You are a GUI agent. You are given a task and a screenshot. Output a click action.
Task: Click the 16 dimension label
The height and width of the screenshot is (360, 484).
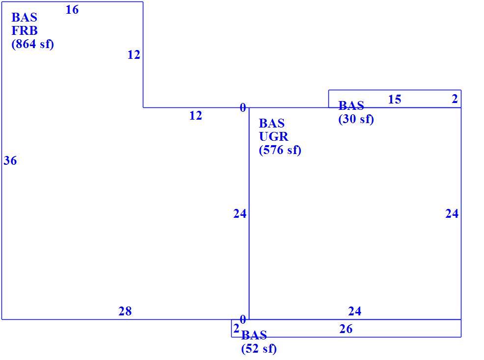point(72,10)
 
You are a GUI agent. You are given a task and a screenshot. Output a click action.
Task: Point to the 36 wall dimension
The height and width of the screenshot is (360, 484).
point(10,161)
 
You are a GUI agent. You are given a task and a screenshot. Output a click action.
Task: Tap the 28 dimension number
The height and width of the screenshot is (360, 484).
point(125,311)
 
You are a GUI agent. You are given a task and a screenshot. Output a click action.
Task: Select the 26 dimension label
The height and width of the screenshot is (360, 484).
point(346,329)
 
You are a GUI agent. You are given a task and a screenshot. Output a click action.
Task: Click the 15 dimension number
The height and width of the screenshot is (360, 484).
point(395,100)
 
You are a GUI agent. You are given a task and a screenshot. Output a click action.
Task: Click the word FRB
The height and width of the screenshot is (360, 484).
point(25,31)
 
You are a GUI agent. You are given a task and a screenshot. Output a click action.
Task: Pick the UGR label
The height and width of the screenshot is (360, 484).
point(274,136)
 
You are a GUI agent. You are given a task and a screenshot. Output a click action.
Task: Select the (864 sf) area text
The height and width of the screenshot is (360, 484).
point(33,44)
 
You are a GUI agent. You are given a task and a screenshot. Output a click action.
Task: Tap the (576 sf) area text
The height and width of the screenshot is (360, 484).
point(280,150)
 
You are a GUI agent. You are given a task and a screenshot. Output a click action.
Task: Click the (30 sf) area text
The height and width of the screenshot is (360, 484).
point(356,119)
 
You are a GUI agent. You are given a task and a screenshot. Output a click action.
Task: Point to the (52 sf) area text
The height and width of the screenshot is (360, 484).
point(259,349)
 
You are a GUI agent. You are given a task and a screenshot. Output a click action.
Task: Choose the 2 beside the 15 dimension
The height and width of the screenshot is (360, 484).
point(455,99)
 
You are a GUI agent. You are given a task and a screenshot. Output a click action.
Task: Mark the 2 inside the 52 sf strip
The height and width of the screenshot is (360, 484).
point(236,329)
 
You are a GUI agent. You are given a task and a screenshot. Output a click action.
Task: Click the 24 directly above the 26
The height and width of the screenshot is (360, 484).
point(355,311)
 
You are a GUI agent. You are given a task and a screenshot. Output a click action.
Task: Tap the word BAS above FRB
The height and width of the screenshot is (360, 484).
point(25,18)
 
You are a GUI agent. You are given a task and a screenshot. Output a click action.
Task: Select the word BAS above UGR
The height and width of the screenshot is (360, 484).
point(271,124)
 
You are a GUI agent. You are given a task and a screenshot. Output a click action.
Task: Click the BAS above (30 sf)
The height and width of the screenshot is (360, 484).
point(351,105)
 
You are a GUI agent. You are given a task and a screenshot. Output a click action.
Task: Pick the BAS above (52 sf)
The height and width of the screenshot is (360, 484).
point(254,335)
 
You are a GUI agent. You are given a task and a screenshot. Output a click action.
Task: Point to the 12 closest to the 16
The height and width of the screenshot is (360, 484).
point(134,55)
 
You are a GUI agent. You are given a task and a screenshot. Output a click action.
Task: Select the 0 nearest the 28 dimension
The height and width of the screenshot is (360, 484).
point(243,320)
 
